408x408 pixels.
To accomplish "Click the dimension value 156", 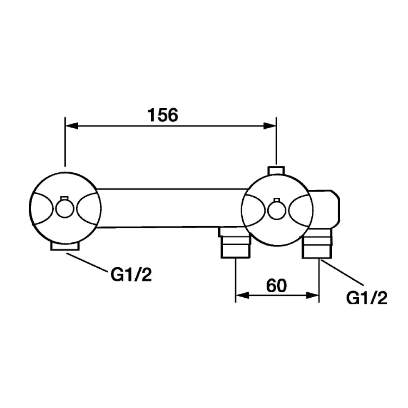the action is [x=163, y=115].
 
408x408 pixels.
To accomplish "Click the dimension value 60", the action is [x=276, y=286].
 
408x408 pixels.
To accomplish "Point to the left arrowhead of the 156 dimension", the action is [x=72, y=126].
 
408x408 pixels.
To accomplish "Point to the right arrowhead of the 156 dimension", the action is [x=270, y=126].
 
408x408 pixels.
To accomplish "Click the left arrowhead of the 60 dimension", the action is [x=242, y=295].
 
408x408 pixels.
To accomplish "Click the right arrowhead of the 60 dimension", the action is [x=312, y=295].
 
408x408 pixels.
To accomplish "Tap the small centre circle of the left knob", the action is [x=65, y=209].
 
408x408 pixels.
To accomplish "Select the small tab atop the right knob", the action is [x=276, y=171].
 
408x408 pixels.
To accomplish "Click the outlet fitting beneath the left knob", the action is [x=65, y=246].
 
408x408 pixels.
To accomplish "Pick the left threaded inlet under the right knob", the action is [x=235, y=243].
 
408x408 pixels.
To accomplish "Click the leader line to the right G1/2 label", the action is [x=343, y=272].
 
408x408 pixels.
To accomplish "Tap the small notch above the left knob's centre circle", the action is [x=64, y=198].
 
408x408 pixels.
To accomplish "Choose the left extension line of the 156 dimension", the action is [x=65, y=142].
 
